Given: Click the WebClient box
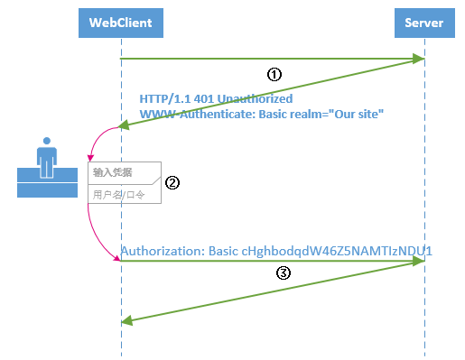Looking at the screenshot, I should tap(120, 22).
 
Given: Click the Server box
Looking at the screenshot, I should tap(424, 22).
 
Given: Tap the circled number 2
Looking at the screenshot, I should tap(172, 181).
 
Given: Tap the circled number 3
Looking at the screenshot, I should tap(283, 275).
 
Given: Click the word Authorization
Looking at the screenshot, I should tap(160, 250).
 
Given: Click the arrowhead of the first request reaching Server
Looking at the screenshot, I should tap(420, 59).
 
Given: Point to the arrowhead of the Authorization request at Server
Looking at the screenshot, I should tap(420, 261).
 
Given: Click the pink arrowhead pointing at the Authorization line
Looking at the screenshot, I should tap(116, 260).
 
